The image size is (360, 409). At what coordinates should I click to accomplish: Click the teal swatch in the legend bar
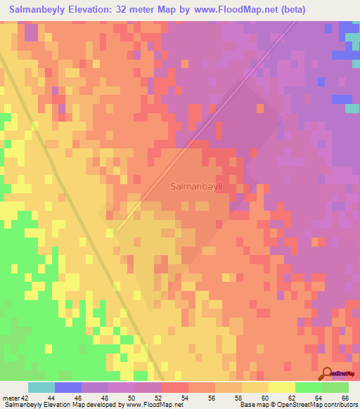click(41, 388)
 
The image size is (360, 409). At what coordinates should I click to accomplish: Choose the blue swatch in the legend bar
click(68, 388)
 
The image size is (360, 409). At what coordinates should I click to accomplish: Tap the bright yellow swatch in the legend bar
click(282, 388)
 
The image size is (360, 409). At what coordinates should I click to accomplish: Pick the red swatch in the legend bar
click(175, 388)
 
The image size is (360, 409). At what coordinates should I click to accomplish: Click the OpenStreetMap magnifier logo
click(327, 373)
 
